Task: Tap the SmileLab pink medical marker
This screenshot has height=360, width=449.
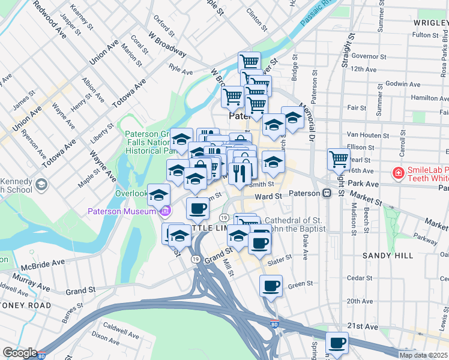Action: (397, 173)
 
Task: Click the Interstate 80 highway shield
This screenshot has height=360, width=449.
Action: (274, 324)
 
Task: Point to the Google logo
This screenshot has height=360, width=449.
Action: (20, 353)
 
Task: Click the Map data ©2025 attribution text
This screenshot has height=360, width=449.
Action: (423, 355)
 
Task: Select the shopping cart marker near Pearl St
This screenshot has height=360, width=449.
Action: (339, 159)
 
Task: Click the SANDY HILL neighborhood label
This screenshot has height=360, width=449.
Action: (388, 255)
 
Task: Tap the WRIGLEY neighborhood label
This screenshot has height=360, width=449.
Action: (430, 22)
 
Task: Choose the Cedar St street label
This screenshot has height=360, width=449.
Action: (360, 278)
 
